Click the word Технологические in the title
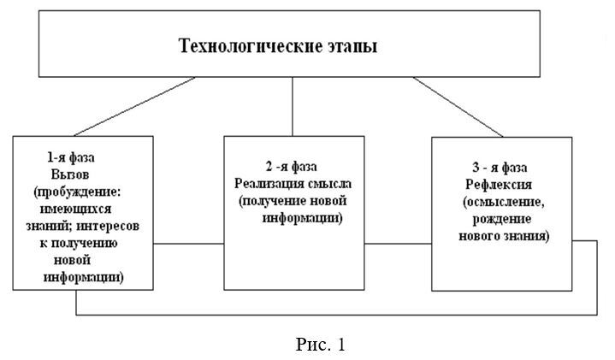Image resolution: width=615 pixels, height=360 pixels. (x=250, y=46)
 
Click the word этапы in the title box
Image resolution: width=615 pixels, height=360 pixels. (x=352, y=47)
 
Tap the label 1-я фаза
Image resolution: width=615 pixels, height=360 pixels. (x=71, y=157)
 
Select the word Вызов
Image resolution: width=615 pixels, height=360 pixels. (x=70, y=174)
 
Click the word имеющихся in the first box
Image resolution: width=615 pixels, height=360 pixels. (x=75, y=209)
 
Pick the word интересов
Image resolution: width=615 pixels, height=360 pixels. (x=108, y=227)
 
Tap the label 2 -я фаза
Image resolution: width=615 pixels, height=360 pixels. (x=292, y=167)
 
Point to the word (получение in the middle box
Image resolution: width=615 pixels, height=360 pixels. (x=273, y=201)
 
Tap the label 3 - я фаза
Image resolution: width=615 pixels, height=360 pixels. (x=500, y=168)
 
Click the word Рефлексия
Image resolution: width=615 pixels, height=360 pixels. (x=499, y=185)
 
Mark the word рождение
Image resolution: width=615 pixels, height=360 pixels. (x=501, y=219)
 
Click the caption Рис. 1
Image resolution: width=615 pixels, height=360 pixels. (x=321, y=345)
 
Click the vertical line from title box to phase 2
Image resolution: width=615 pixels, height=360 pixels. (x=293, y=107)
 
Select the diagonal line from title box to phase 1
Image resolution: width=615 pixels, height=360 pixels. (x=134, y=107)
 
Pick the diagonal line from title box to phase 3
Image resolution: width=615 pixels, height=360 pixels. (x=458, y=107)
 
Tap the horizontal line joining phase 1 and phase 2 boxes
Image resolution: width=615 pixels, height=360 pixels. (x=188, y=244)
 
